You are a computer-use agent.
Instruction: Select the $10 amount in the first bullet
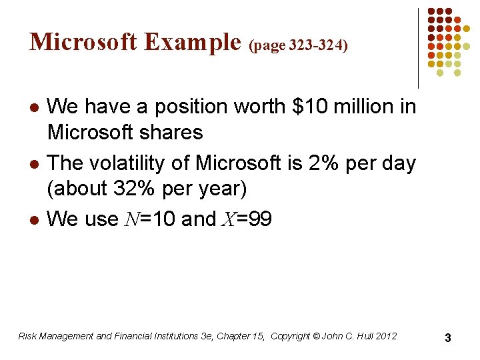[x=277, y=106]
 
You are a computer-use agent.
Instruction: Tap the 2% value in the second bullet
[x=325, y=163]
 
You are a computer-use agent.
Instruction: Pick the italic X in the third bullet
[x=227, y=219]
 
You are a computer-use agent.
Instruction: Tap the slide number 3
[x=448, y=338]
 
